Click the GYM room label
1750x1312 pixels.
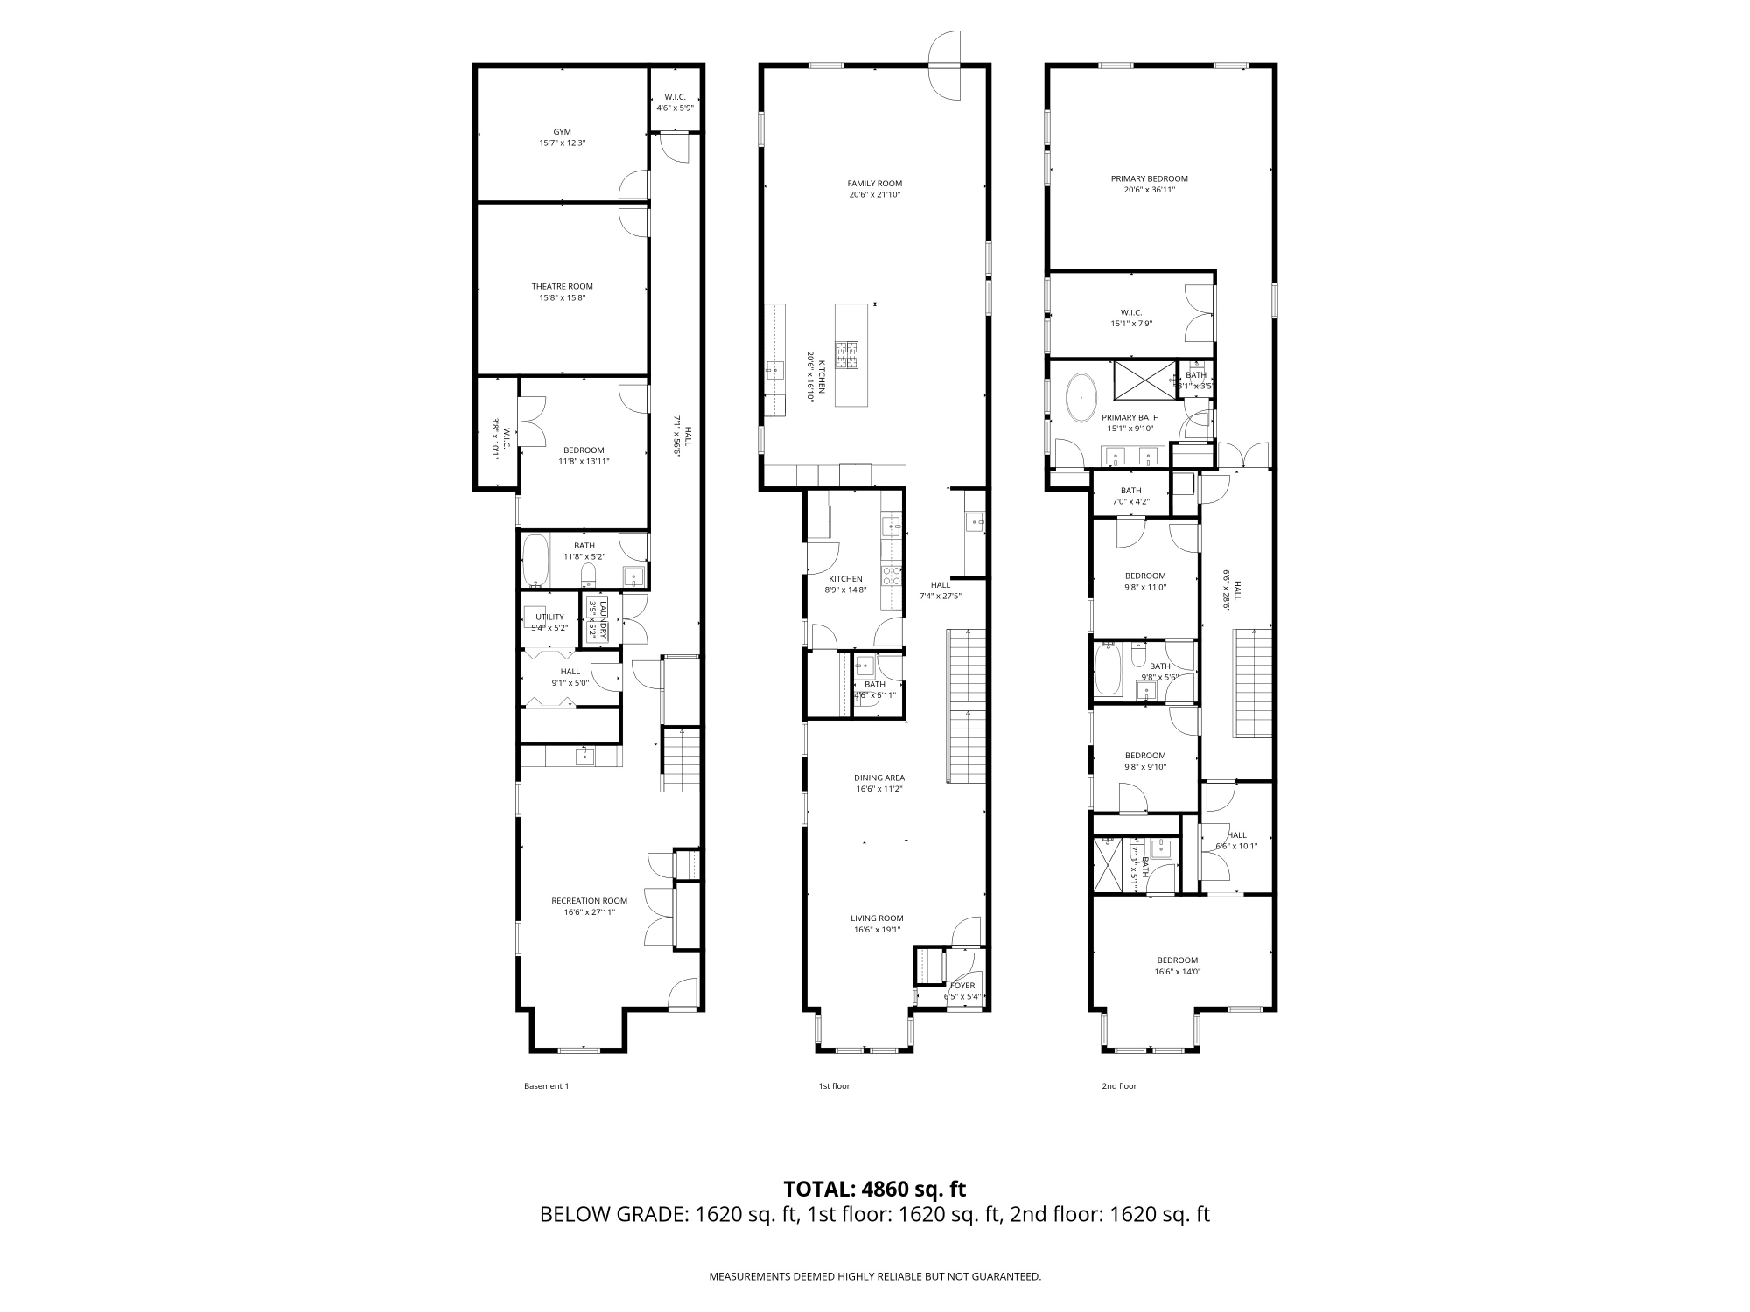(x=562, y=132)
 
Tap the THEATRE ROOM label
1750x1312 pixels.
(x=562, y=286)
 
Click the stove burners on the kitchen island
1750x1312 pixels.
(x=846, y=354)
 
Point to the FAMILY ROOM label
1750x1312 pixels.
(x=874, y=184)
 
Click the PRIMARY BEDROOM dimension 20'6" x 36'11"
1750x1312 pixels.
(x=1149, y=190)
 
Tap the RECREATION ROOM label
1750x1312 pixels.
(x=589, y=901)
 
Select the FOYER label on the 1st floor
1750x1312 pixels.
(x=962, y=986)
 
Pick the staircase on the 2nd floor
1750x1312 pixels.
(x=1252, y=682)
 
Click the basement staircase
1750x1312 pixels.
(x=681, y=759)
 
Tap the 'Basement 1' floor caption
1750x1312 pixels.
(x=546, y=1086)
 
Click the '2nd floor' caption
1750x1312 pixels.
(x=1118, y=1086)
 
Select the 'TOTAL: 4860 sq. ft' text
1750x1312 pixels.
(x=874, y=1189)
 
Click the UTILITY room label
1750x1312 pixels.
(x=549, y=617)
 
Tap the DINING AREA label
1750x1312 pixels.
(x=879, y=778)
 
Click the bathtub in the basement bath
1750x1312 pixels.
(x=535, y=562)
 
